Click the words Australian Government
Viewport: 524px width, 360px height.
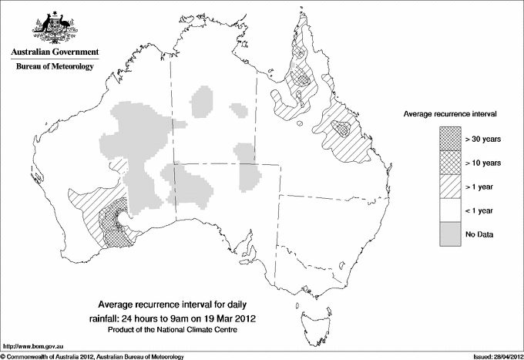coord(54,52)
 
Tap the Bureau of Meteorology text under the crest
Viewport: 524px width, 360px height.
coord(54,67)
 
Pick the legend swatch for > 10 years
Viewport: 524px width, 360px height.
coord(450,162)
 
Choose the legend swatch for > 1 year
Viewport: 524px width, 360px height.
coord(450,186)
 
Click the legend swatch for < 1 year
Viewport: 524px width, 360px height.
coord(450,210)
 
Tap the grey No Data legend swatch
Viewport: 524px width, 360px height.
coord(450,234)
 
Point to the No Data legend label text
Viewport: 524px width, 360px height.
coord(480,234)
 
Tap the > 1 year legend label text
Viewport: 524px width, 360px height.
coord(481,186)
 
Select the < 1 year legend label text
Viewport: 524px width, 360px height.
coord(481,210)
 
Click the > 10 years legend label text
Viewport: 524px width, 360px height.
coord(483,162)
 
